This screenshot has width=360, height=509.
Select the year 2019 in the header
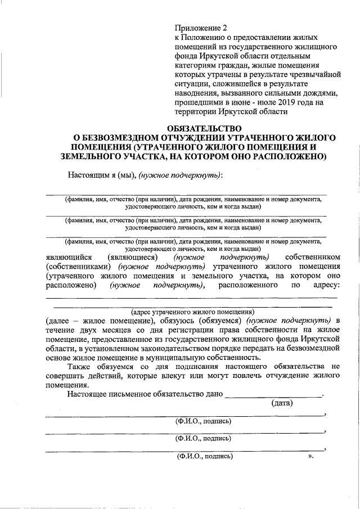(x=277, y=102)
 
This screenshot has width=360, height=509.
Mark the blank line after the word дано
(x=273, y=394)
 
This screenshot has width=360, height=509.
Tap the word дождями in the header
(x=320, y=93)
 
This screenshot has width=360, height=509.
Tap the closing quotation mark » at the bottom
(x=310, y=457)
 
